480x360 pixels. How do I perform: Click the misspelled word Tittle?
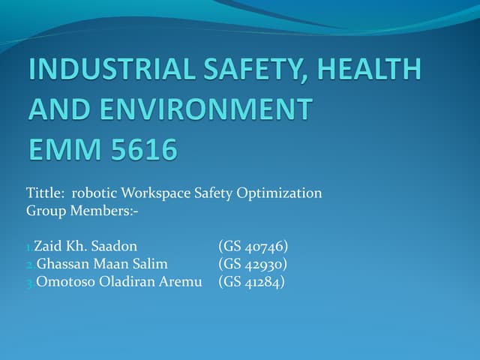click(x=44, y=193)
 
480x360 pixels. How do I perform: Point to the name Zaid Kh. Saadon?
click(x=85, y=246)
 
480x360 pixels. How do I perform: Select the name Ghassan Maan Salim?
click(x=101, y=264)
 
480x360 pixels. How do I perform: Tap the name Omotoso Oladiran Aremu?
click(x=119, y=282)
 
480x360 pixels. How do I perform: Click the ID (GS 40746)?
click(x=253, y=246)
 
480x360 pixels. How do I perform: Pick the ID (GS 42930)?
click(x=253, y=264)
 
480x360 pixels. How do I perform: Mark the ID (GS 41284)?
click(x=253, y=282)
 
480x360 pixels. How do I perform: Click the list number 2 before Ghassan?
click(x=29, y=265)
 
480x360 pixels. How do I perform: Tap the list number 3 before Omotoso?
click(x=29, y=283)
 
